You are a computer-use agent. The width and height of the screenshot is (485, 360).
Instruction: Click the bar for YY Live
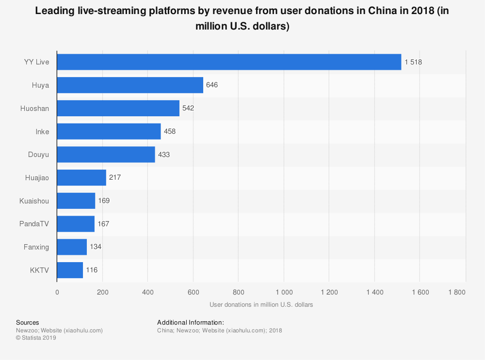point(229,62)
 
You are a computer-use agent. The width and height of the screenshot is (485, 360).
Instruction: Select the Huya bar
point(130,85)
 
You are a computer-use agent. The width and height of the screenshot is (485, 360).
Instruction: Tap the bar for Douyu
point(106,155)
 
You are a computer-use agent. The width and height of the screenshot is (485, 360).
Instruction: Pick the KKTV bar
point(70,270)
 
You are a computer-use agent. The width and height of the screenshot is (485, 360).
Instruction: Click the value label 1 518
point(414,62)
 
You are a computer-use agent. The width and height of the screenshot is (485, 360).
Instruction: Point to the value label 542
point(188,108)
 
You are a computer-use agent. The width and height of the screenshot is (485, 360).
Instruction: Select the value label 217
point(115,178)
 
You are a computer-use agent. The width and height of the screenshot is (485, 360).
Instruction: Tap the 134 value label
point(96,247)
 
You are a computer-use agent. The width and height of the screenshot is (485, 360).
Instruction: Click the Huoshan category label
point(35,109)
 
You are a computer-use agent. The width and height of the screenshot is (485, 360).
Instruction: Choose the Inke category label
point(42,132)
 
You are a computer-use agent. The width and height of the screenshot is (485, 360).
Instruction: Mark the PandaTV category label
point(33,224)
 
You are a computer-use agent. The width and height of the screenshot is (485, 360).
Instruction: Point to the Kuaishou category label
point(34,201)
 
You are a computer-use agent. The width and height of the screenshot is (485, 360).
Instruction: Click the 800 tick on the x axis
point(238,292)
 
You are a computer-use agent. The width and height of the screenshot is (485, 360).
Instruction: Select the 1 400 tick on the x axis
point(374,292)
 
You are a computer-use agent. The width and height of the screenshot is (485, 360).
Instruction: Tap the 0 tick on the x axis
point(57,292)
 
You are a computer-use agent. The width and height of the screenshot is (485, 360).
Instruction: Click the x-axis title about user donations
point(261,305)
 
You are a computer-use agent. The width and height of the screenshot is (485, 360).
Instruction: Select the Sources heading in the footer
point(28,323)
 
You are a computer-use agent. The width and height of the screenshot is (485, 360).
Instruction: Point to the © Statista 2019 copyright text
point(36,338)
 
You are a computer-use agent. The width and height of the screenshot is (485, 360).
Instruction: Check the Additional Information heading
point(190,323)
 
